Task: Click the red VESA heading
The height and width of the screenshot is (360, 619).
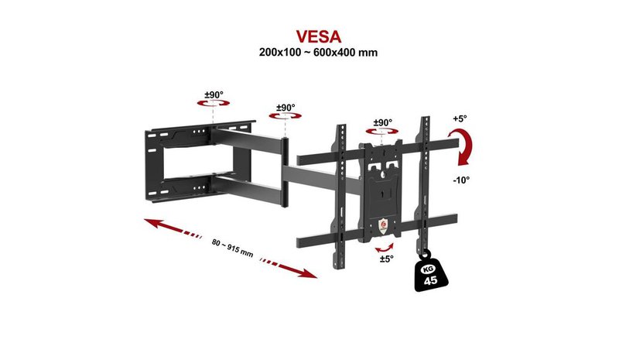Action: tap(319, 36)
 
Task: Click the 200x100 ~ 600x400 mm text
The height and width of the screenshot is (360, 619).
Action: tap(318, 52)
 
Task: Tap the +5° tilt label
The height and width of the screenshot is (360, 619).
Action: tap(460, 118)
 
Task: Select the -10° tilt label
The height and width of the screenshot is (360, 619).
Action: tap(461, 180)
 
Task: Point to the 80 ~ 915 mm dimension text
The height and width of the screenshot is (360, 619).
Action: tap(232, 249)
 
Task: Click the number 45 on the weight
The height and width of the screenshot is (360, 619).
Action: tap(431, 280)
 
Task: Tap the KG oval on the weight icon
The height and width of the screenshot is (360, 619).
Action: tap(428, 269)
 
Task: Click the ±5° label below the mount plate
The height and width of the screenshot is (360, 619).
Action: tap(386, 259)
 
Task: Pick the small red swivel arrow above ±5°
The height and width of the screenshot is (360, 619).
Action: tap(384, 249)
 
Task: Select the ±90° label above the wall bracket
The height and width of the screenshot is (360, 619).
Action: tap(214, 95)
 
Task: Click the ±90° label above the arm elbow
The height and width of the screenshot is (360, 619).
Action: tap(286, 108)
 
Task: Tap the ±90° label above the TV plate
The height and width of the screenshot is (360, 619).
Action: tap(382, 122)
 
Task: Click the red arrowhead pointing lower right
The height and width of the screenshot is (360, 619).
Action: tap(306, 273)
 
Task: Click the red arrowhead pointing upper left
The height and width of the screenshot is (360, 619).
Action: tap(155, 223)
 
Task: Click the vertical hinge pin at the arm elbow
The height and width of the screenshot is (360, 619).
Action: tap(285, 173)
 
